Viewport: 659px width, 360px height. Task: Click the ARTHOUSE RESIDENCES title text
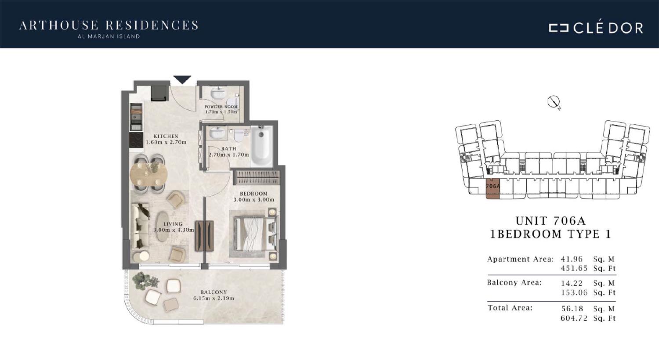[x=109, y=25]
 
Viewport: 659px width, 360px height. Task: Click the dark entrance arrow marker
[x=182, y=79]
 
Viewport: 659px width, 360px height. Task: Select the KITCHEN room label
[x=166, y=136]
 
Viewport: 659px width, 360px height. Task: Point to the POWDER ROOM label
[x=221, y=107]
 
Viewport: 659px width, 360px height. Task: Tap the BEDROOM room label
[x=253, y=193]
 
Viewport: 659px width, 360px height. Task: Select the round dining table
[x=148, y=175]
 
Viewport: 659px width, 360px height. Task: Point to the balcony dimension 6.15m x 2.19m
[x=214, y=298]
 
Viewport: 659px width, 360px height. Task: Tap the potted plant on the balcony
[x=145, y=281]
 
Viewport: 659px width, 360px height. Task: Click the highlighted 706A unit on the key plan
[x=493, y=188]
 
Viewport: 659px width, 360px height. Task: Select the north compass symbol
[x=554, y=102]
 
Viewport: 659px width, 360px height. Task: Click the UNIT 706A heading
[x=551, y=220]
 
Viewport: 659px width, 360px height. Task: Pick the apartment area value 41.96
[x=571, y=259]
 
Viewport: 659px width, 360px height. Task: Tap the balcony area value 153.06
[x=574, y=292]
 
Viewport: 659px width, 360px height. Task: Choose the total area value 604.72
[x=574, y=318]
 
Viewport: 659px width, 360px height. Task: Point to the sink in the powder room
[x=218, y=93]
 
